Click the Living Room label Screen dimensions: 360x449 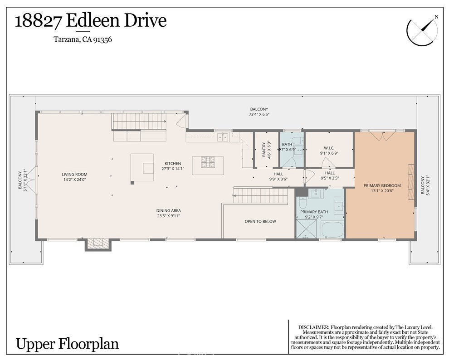pyautogui.click(x=75, y=174)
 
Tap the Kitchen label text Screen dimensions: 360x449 pyautogui.click(x=173, y=164)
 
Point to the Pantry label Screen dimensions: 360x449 pyautogui.click(x=264, y=150)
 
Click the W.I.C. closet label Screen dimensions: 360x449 pyautogui.click(x=329, y=148)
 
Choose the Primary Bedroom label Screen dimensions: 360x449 pyautogui.click(x=382, y=185)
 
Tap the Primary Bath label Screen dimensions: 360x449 pyautogui.click(x=314, y=212)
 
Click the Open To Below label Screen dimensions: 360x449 pyautogui.click(x=260, y=221)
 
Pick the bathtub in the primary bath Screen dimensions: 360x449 pyautogui.click(x=332, y=229)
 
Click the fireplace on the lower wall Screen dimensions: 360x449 pyautogui.click(x=98, y=244)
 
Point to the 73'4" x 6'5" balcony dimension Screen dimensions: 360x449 pyautogui.click(x=259, y=115)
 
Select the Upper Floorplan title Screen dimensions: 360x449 pyautogui.click(x=67, y=344)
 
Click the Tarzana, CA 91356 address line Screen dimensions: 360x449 pyautogui.click(x=83, y=39)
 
